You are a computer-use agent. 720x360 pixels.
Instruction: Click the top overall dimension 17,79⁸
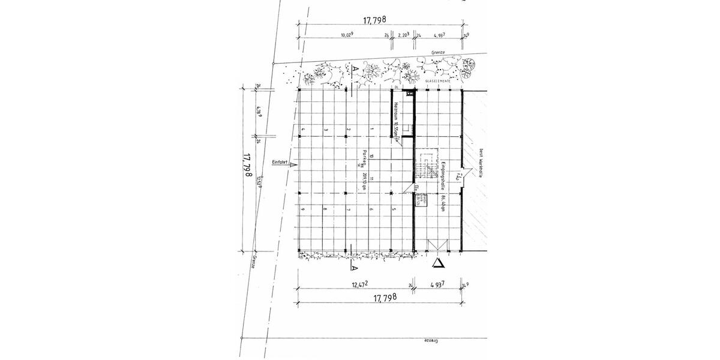(x=379, y=20)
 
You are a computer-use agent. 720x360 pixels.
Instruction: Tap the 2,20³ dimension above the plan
(x=404, y=35)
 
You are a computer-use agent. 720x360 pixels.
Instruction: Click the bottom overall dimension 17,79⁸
(x=385, y=298)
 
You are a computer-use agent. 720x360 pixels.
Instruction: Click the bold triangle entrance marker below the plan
(x=440, y=263)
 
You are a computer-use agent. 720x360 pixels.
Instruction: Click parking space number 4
(x=304, y=130)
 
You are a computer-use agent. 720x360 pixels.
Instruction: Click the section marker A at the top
(x=355, y=69)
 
